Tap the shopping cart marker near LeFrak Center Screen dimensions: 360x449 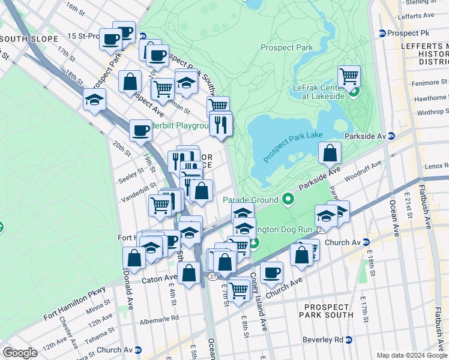[x=349, y=76]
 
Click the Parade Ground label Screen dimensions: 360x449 [x=250, y=200]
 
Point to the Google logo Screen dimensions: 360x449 [x=20, y=353]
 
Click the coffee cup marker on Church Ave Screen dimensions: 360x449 [x=271, y=272]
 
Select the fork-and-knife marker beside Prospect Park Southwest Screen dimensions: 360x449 [x=221, y=124]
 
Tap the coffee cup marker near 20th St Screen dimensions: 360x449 [x=140, y=130]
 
